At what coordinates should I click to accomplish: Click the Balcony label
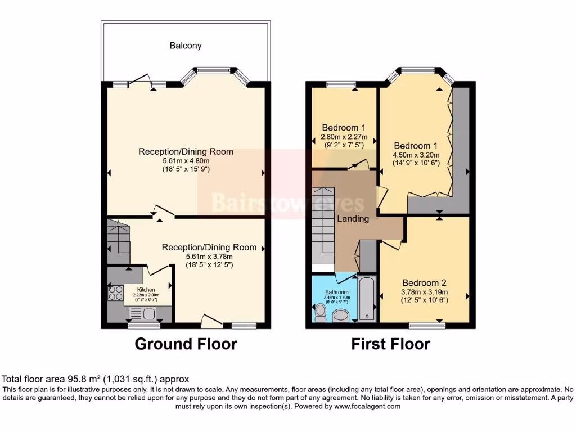click(186, 46)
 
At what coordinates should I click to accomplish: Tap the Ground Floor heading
click(186, 344)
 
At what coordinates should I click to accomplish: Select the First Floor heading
click(391, 344)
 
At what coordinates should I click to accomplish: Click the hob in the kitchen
click(116, 293)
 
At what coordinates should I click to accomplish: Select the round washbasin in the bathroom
click(341, 316)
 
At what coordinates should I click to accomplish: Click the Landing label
click(353, 218)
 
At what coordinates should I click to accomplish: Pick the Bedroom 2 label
click(424, 282)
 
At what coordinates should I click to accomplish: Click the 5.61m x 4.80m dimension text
click(186, 160)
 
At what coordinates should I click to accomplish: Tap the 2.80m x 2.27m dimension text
click(344, 137)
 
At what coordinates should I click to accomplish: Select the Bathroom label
click(336, 292)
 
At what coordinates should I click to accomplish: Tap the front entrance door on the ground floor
click(211, 321)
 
